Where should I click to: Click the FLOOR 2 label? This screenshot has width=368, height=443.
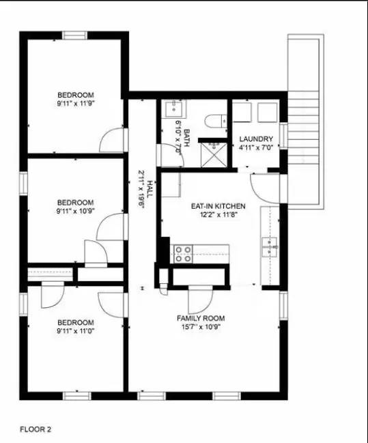click(x=35, y=429)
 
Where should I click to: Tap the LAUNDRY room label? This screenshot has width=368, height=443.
click(x=256, y=139)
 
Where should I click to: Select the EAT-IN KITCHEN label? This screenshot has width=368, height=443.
click(x=218, y=205)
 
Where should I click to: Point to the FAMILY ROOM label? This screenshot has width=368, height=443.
click(x=201, y=318)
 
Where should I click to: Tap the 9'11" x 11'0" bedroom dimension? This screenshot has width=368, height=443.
click(x=75, y=331)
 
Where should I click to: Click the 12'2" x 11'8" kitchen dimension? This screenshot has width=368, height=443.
click(x=218, y=214)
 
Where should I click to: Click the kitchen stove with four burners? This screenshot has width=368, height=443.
click(x=183, y=254)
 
